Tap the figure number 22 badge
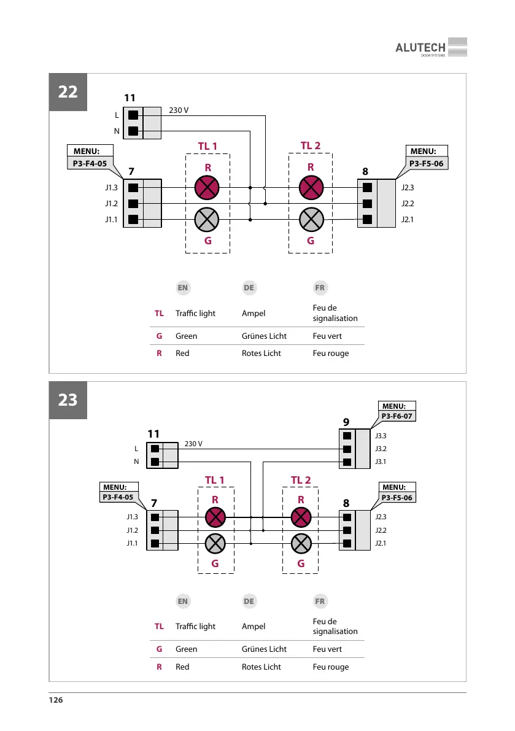pyautogui.click(x=68, y=92)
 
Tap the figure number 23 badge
pyautogui.click(x=68, y=400)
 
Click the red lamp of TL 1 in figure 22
pyautogui.click(x=207, y=188)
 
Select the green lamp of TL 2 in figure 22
pyautogui.click(x=311, y=219)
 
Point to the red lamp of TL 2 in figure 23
pyautogui.click(x=301, y=517)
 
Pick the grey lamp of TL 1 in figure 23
pyautogui.click(x=215, y=543)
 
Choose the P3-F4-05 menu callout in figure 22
pyautogui.click(x=90, y=164)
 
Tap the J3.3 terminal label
pyautogui.click(x=381, y=435)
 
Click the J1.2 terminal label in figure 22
pyautogui.click(x=111, y=203)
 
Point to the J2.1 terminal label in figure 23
pyautogui.click(x=381, y=543)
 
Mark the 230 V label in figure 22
pyautogui.click(x=179, y=110)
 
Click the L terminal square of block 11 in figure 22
pyautogui.click(x=133, y=115)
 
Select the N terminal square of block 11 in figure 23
pyautogui.click(x=155, y=462)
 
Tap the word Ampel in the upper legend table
pyautogui.click(x=254, y=313)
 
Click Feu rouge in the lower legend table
pyautogui.click(x=330, y=667)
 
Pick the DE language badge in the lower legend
pyautogui.click(x=249, y=601)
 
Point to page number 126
pyautogui.click(x=56, y=700)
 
